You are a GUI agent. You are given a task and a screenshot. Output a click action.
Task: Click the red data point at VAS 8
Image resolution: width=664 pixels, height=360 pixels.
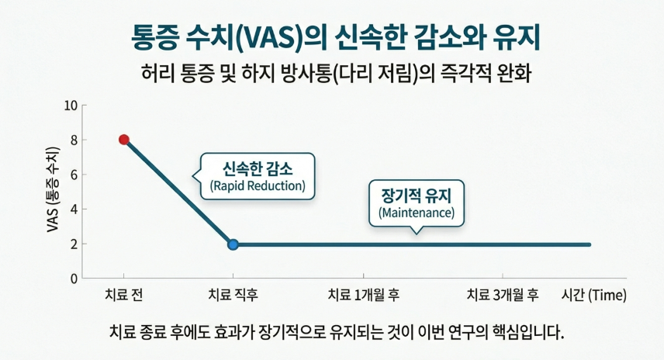(123, 140)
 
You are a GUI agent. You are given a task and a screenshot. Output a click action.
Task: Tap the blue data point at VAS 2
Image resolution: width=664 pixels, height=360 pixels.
(233, 244)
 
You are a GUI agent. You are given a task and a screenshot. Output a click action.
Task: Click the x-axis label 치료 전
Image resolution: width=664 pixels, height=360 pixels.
(123, 296)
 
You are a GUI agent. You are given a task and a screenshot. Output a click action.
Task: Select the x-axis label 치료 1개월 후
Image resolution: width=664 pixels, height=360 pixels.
(363, 296)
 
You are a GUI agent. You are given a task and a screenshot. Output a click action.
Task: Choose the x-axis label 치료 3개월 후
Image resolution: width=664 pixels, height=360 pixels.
(502, 296)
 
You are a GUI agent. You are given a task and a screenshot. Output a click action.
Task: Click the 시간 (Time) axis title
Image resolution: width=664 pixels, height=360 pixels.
(593, 296)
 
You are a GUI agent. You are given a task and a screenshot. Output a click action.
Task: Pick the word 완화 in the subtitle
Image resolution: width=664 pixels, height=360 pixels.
(520, 75)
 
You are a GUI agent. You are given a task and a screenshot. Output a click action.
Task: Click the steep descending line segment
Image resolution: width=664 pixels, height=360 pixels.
(178, 192)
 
